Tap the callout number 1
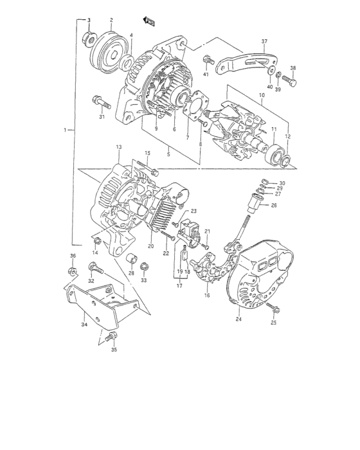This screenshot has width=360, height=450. click(x=65, y=130)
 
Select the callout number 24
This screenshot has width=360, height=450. click(x=239, y=319)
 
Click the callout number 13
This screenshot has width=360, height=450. click(x=118, y=148)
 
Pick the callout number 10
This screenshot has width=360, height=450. click(x=262, y=96)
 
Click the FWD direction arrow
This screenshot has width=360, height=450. click(x=151, y=22)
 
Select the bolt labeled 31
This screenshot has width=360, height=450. click(x=100, y=101)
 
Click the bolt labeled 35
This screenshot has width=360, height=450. click(x=112, y=336)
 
